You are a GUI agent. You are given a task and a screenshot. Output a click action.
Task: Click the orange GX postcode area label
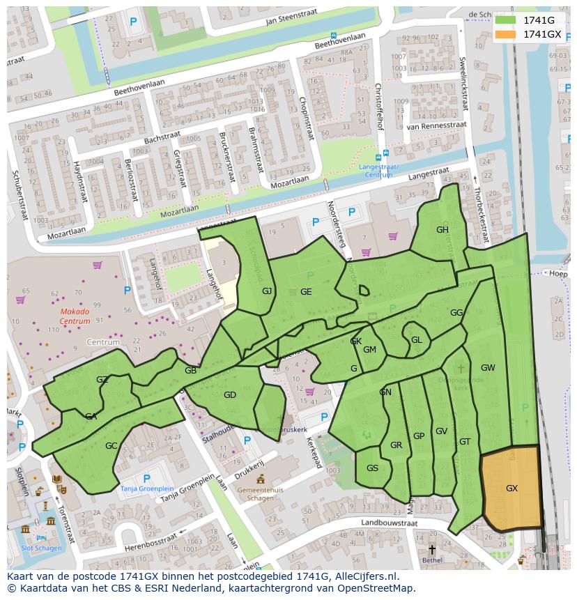[x=511, y=489]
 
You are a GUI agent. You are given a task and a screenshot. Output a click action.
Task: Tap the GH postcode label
[x=443, y=230]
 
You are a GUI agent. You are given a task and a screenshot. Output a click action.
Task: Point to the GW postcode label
[x=488, y=368]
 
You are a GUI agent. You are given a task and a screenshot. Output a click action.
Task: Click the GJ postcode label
[x=267, y=291]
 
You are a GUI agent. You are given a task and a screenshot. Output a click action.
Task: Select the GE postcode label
[x=306, y=292]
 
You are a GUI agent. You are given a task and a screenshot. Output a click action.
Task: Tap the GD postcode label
[x=230, y=395]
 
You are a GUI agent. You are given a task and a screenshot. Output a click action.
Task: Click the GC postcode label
[x=111, y=446]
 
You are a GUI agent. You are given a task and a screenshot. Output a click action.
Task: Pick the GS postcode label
[x=372, y=468]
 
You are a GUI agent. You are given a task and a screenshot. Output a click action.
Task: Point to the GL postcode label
[x=417, y=340]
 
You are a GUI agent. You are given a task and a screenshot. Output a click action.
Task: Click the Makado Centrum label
[x=75, y=316]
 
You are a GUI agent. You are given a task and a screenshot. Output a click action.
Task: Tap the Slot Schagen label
[x=41, y=548]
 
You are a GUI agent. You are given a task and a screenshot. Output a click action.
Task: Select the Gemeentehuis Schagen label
[x=261, y=493]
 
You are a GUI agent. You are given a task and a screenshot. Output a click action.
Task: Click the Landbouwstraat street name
[x=389, y=522]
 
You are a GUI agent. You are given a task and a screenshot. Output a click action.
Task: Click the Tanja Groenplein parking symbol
[x=146, y=478]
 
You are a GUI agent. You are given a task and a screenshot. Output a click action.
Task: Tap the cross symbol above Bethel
[x=432, y=549]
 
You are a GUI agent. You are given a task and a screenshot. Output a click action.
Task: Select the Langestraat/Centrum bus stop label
[x=378, y=171]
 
